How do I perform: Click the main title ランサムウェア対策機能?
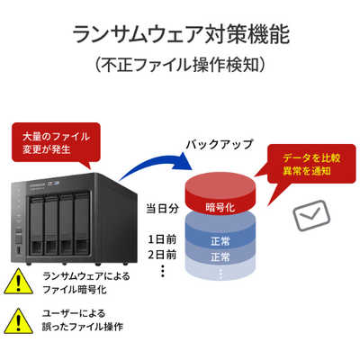coord(181,34)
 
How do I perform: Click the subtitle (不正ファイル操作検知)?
coord(181,65)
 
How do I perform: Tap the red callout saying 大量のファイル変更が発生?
coord(56,143)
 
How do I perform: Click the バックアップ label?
coord(220,144)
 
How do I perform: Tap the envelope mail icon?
coord(311,215)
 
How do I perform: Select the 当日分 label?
coord(162,208)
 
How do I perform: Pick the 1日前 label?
coord(162,239)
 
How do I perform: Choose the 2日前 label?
coord(162,255)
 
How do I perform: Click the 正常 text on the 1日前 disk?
coord(220,241)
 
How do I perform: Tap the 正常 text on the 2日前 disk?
coord(220,257)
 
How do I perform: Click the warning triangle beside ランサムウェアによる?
coord(18,282)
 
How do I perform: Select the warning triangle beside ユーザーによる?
coord(18,320)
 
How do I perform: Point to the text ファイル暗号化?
coord(75,290)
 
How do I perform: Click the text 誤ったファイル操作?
coord(83,327)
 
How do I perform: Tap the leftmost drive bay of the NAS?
coord(36,226)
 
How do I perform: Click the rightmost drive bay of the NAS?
coord(82,224)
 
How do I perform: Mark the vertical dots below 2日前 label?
coord(163,271)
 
